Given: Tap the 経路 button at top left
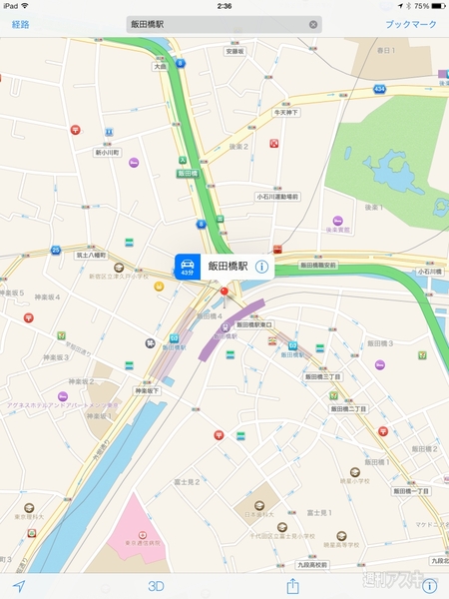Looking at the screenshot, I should point(21,23).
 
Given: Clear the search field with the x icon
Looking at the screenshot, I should point(313,23).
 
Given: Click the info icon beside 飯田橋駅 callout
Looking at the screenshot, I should point(261,267).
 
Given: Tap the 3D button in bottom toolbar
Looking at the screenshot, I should point(156,586).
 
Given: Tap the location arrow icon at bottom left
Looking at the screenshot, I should point(18,586).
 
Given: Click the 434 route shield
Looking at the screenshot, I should point(380,89).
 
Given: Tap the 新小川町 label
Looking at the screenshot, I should point(107,153).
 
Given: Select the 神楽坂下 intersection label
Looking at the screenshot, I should point(148,390).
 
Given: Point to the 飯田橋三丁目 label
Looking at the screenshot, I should point(323,377).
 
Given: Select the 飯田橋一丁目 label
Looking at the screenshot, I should point(410,490).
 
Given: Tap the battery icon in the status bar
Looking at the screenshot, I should point(436,6).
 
